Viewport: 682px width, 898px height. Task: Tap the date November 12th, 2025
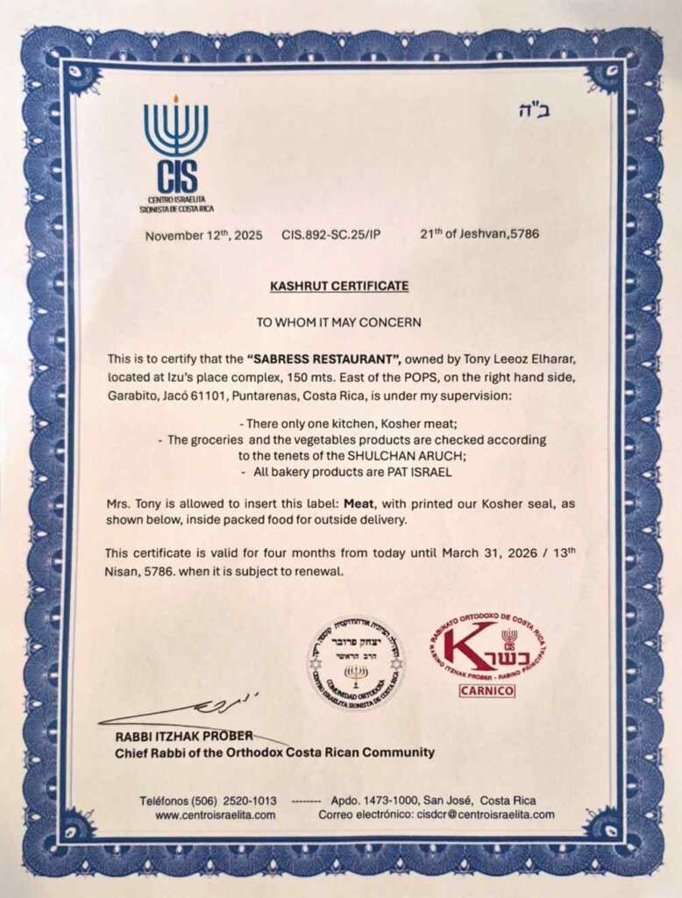(203, 235)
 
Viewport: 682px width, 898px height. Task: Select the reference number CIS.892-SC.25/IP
(331, 235)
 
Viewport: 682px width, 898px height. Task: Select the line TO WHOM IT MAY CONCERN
(338, 322)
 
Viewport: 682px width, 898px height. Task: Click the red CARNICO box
(487, 691)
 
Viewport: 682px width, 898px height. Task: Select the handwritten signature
(175, 707)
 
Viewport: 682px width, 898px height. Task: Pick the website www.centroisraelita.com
(216, 815)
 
